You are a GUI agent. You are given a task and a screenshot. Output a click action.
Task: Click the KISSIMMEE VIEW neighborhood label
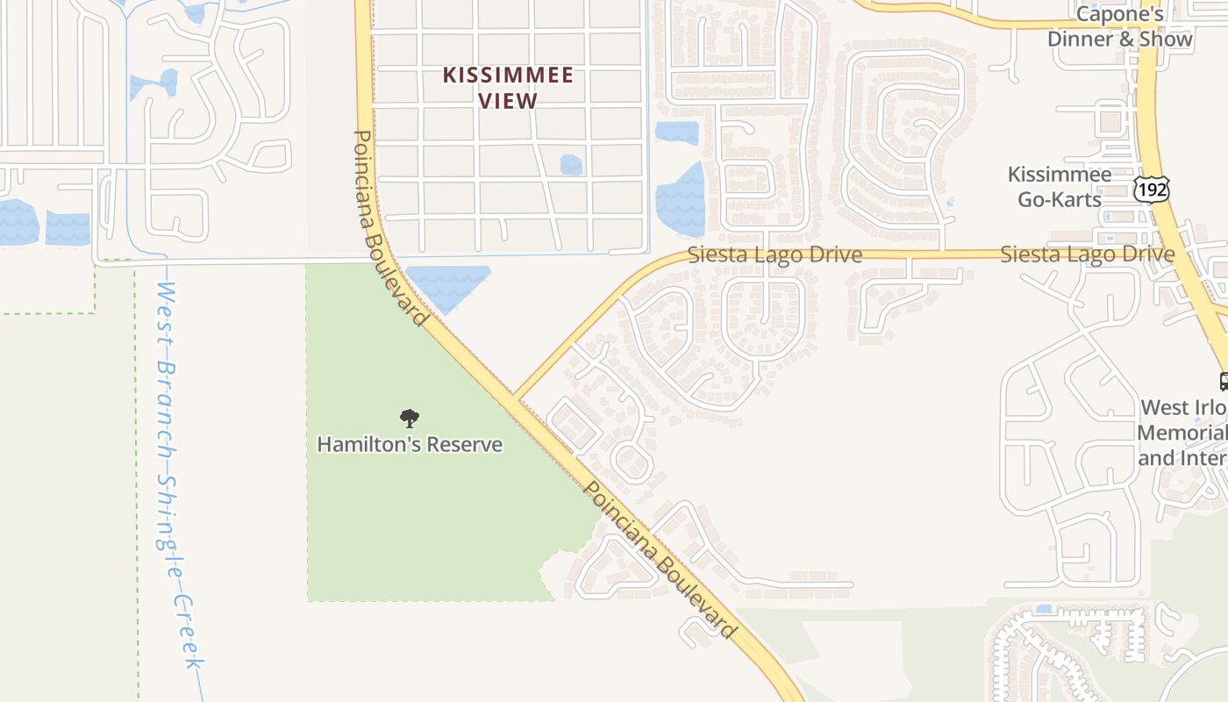coord(509,88)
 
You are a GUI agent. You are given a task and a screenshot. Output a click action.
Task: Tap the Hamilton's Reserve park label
coord(410,444)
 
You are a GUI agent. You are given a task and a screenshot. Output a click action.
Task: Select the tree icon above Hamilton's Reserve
coord(409,419)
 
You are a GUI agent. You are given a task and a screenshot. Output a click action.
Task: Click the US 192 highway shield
coord(1150,188)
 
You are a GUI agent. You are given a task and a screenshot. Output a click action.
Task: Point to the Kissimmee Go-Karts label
coord(1060,187)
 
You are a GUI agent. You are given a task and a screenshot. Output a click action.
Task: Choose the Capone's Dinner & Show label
coord(1120,26)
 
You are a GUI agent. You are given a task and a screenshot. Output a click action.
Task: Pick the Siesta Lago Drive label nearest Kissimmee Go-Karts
coord(1088,254)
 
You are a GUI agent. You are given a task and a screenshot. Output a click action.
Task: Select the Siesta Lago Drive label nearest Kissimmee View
coord(775,254)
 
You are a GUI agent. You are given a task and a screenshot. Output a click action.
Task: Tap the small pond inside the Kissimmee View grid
coord(571,164)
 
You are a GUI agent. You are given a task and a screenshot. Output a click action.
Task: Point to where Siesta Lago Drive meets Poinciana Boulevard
coord(515,397)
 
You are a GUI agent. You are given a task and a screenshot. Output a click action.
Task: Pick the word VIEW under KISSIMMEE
coord(509,101)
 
